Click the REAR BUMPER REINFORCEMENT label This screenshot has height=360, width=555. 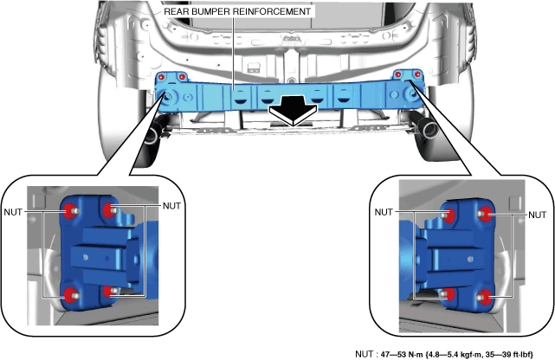237,11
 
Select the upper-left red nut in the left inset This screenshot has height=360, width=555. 71,211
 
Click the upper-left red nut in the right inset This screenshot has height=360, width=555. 449,215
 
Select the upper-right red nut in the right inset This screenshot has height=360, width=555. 484,213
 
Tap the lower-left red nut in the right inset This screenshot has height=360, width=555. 448,293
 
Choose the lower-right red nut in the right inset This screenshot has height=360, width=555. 484,296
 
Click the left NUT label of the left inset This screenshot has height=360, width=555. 13,212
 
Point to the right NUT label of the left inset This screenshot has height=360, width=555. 171,206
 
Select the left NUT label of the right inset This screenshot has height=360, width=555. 384,212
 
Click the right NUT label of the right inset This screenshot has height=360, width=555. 538,215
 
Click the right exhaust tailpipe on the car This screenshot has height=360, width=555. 428,129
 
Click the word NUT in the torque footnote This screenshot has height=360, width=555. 364,354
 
